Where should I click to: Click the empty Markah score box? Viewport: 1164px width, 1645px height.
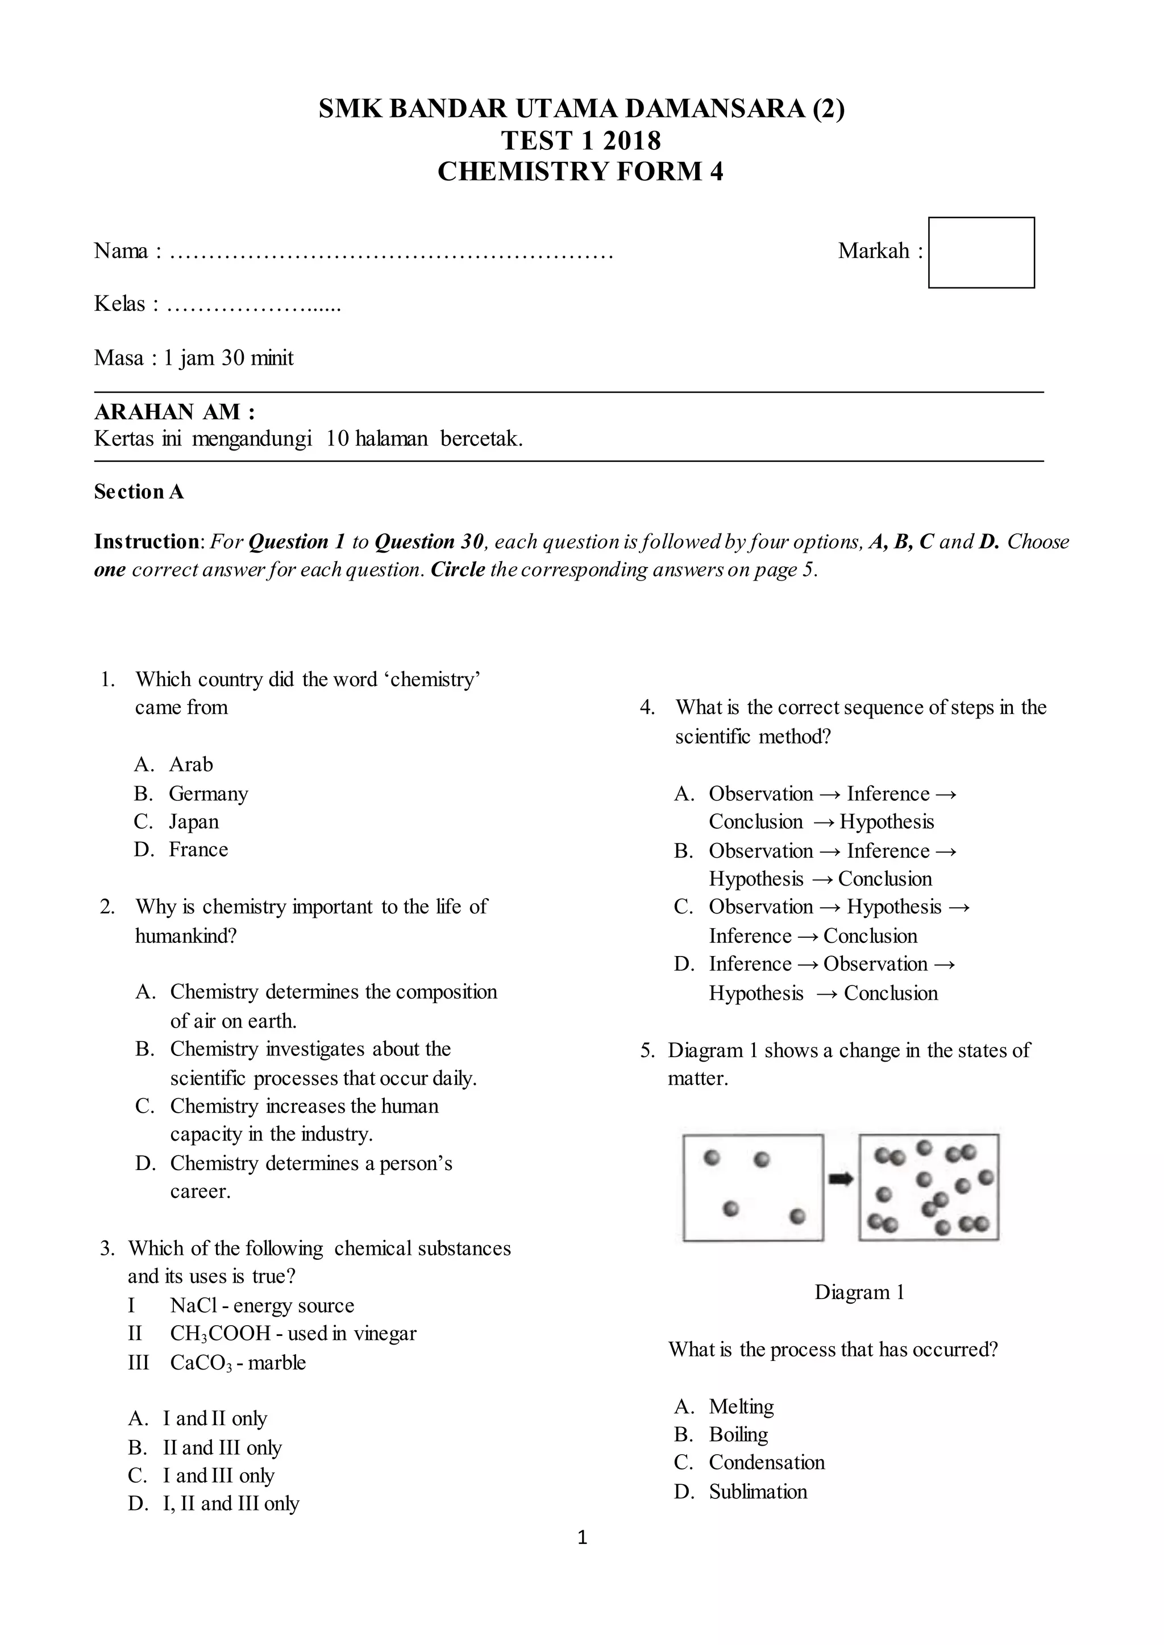980,253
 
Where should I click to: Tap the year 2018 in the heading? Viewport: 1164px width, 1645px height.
631,140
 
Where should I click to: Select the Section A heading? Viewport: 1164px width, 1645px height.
138,491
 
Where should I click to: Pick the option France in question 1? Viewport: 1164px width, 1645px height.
198,850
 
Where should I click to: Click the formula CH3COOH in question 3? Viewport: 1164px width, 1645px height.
219,1333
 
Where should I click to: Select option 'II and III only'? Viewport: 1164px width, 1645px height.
222,1447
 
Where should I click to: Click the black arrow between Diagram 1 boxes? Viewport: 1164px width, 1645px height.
841,1179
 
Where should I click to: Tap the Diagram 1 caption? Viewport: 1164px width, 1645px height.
859,1292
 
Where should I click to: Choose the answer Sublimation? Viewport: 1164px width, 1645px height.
758,1492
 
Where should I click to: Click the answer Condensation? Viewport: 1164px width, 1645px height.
766,1462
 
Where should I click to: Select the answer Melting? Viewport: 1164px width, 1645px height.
741,1406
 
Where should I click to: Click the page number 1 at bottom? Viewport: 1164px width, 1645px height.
582,1537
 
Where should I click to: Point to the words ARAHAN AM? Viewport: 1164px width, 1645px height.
173,412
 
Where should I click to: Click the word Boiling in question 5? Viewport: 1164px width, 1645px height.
738,1434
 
